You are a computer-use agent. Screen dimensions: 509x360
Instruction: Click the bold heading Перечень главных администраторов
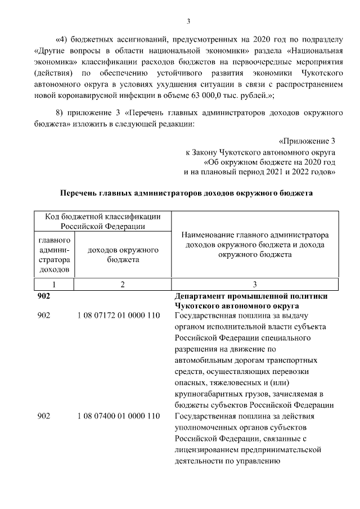tap(186, 193)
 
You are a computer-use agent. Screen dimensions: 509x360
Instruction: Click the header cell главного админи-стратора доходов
tap(53, 254)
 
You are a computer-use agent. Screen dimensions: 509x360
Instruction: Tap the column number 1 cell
tap(53, 285)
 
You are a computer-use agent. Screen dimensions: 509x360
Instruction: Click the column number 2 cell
tap(121, 285)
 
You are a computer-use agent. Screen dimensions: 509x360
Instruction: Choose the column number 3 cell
tap(254, 285)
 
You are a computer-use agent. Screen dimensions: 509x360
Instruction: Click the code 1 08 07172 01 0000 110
tap(119, 316)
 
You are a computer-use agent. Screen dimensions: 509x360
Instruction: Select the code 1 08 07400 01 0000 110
tap(119, 416)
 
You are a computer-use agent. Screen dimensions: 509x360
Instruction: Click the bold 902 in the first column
tap(44, 295)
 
